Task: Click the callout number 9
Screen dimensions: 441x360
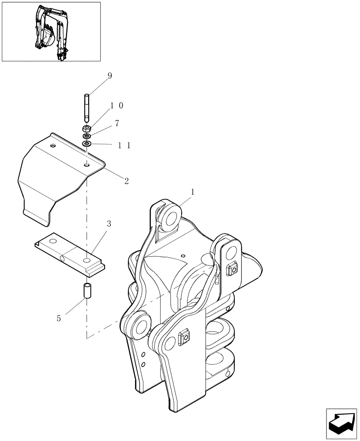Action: [109, 76]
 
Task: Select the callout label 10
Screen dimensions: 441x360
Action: [116, 106]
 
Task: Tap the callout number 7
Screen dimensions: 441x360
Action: [116, 123]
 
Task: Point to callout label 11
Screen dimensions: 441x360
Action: [124, 145]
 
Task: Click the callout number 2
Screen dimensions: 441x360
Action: [126, 181]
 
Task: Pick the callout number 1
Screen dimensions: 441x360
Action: [192, 192]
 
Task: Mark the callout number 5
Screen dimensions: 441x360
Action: [59, 317]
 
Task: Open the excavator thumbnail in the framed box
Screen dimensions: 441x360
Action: [51, 31]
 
